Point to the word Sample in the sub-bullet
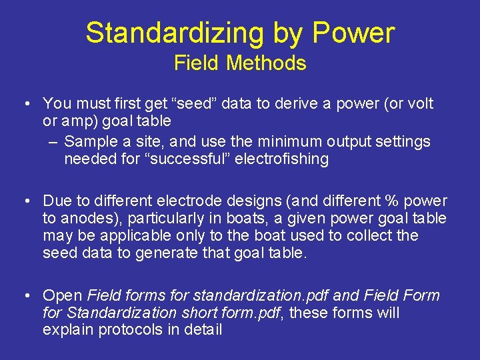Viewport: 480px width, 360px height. [x=89, y=141]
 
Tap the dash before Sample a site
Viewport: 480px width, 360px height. [x=53, y=142]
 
